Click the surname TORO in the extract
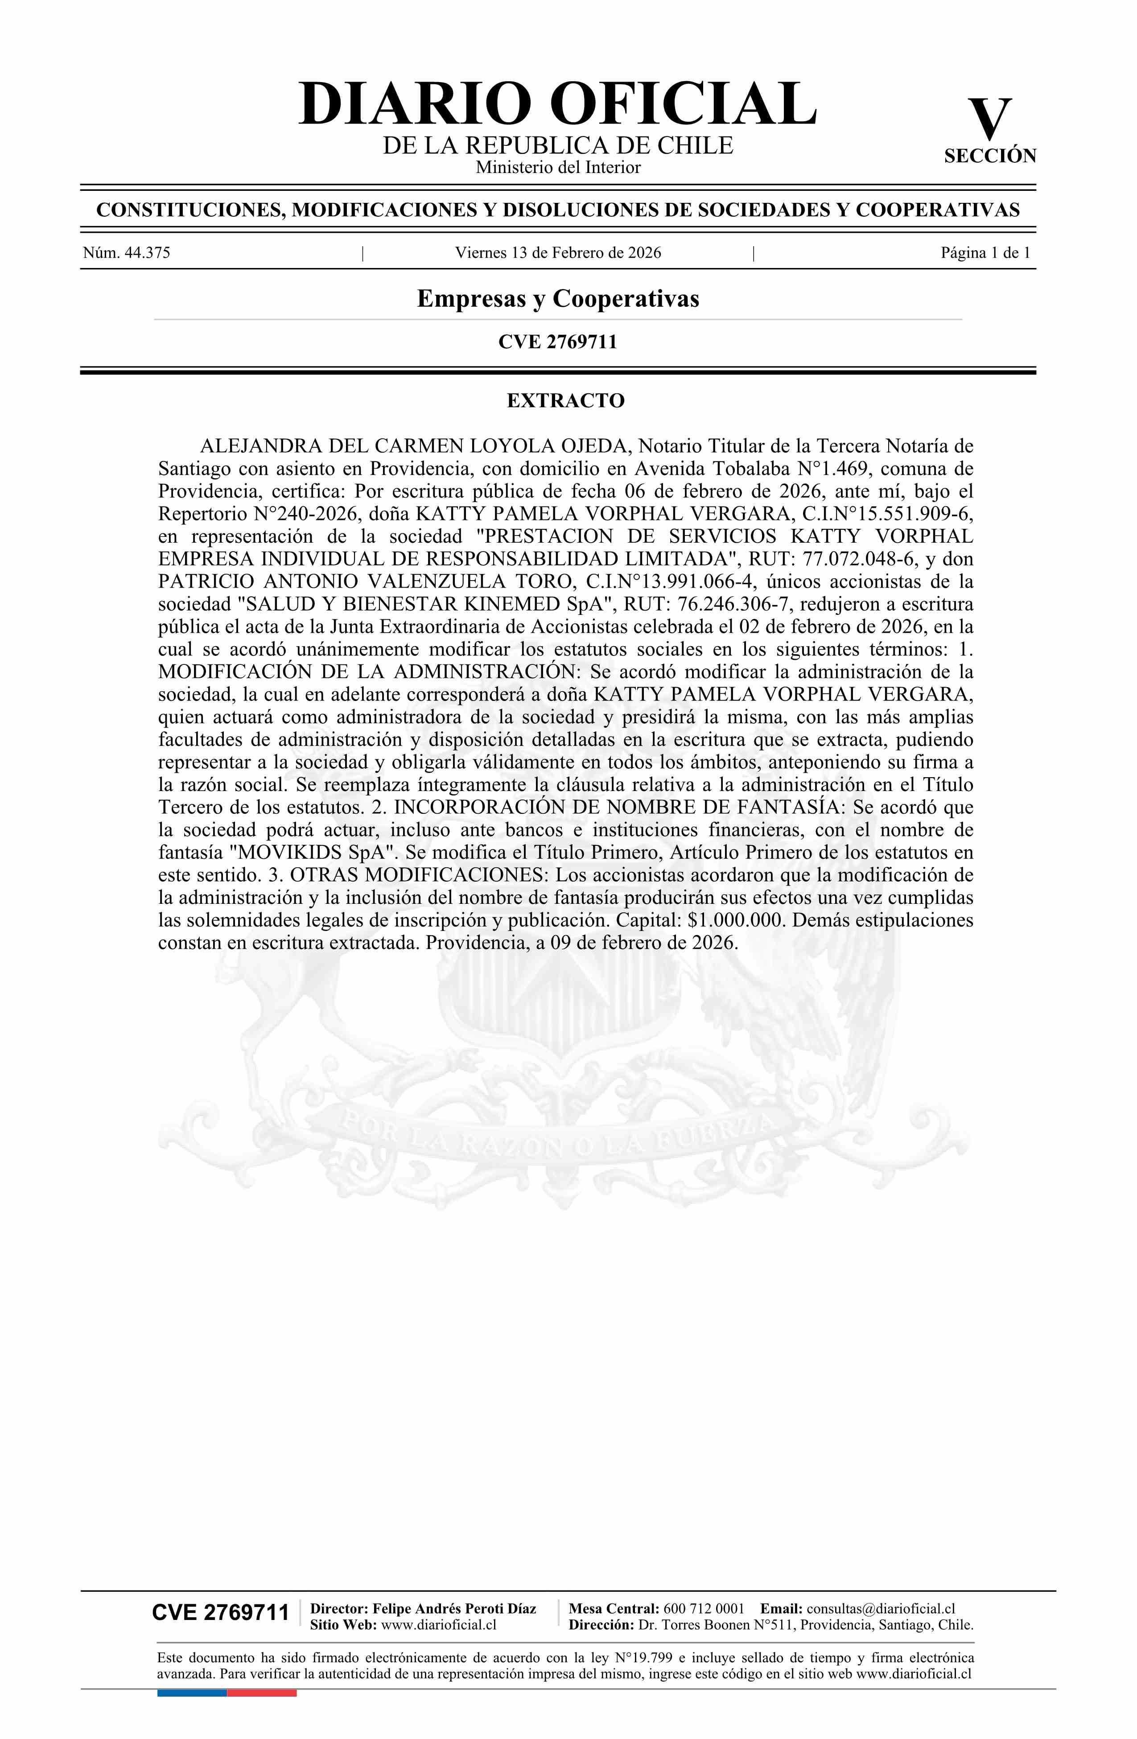click(546, 581)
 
